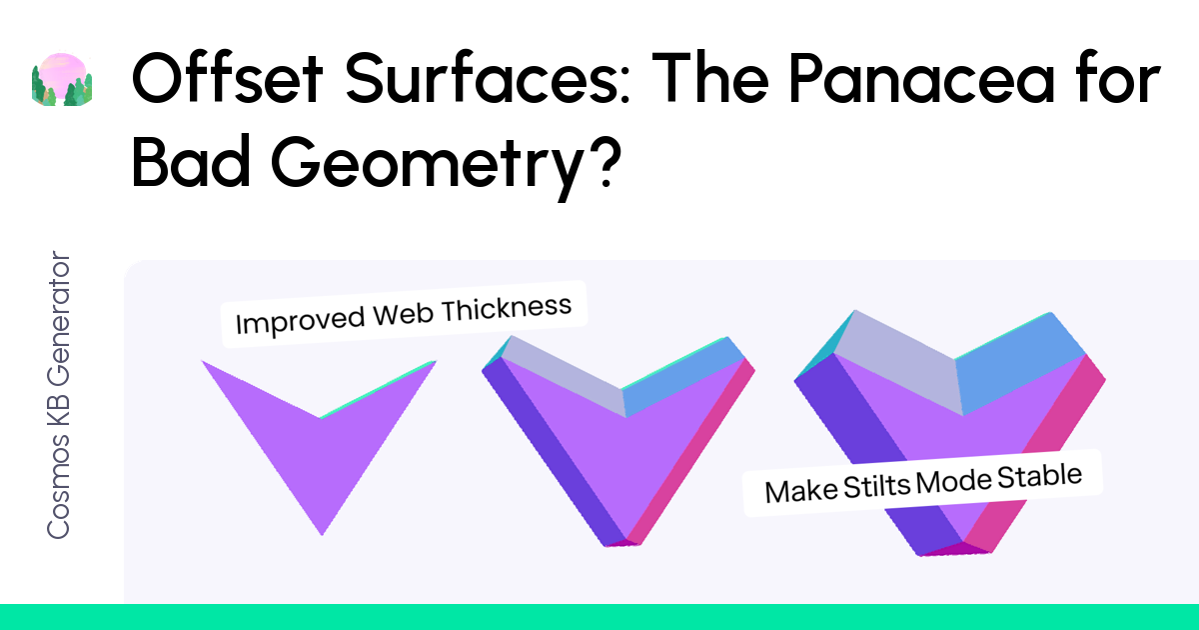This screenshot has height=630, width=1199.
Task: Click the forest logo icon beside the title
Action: pos(63,79)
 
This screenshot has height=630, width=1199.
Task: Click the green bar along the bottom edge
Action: pos(599,617)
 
